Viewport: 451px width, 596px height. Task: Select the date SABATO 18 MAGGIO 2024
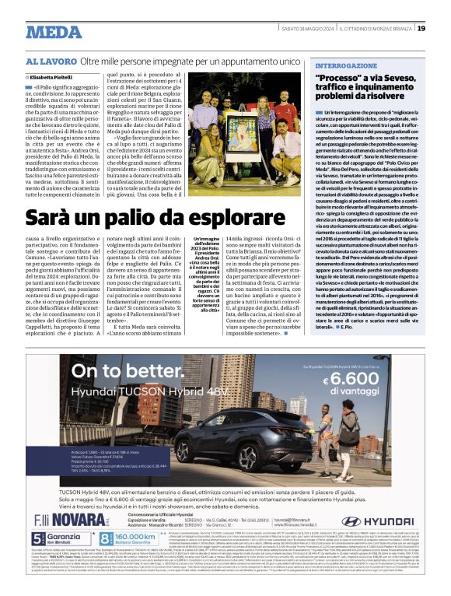[306, 29]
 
